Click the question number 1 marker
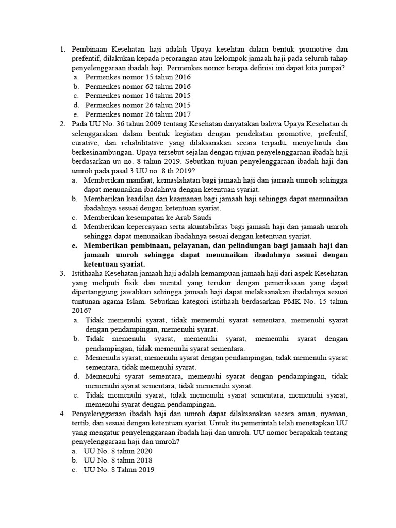[x=62, y=49]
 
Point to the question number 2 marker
[x=62, y=124]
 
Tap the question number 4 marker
[x=62, y=414]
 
